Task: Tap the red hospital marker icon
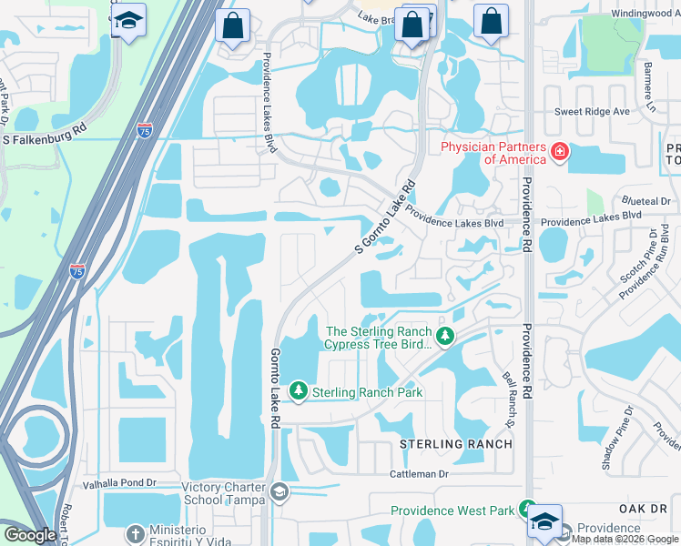561,151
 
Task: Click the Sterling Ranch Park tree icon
298,391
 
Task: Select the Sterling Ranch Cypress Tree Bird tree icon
444,338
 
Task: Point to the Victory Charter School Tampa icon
280,493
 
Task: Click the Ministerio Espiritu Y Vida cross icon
135,533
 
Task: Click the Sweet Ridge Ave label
593,112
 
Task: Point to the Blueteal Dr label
645,200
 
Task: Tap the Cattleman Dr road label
420,474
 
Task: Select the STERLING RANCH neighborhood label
455,443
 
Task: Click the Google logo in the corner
30,535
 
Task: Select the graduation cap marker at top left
129,22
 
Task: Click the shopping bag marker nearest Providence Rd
491,24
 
